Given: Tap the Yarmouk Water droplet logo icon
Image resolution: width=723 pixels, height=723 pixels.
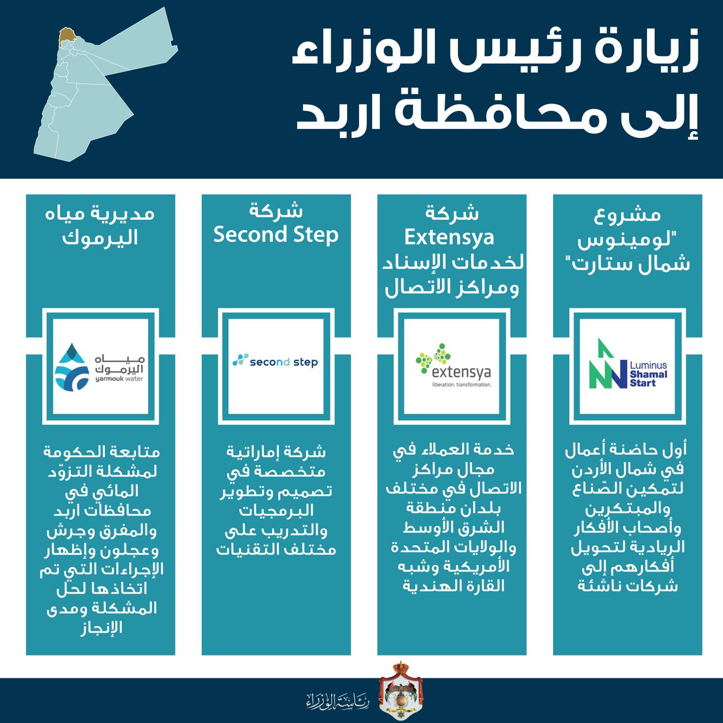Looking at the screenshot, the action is click(x=72, y=367).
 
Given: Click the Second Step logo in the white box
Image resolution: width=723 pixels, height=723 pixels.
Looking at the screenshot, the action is click(x=275, y=361).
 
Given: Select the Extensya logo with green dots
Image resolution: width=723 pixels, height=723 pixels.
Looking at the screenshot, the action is click(x=453, y=365).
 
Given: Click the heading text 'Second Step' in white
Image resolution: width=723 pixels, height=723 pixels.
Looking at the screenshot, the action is click(x=276, y=235).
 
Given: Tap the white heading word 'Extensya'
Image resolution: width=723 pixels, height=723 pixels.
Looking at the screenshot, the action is click(x=449, y=238).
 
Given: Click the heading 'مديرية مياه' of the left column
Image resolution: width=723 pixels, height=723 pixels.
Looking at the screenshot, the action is click(x=100, y=214).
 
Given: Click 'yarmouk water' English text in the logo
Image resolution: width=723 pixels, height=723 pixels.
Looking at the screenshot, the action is click(x=119, y=379).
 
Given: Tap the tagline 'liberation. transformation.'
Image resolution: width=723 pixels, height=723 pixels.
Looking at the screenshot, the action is click(x=462, y=384).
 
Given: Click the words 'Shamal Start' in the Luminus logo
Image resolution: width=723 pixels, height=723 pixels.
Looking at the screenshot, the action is click(x=648, y=378).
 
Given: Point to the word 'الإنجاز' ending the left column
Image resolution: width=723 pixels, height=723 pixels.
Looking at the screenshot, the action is click(x=101, y=628).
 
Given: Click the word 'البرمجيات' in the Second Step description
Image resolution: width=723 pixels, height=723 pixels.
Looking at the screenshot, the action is click(x=276, y=510).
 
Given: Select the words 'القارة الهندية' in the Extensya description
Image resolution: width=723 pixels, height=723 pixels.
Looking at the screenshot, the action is click(x=453, y=586).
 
